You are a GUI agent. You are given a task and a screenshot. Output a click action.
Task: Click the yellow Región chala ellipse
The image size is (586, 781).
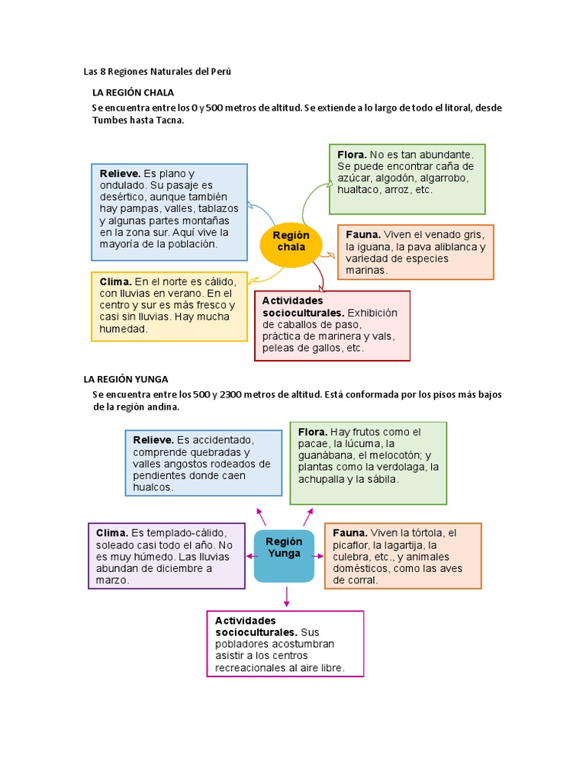291,241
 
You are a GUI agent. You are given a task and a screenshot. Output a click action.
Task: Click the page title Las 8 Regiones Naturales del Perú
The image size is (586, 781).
156,72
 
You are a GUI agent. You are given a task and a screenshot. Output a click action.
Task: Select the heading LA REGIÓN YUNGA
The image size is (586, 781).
125,379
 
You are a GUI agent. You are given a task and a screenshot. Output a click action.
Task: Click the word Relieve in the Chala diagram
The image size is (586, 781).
120,174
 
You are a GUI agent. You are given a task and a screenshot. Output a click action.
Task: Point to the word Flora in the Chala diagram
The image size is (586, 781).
352,155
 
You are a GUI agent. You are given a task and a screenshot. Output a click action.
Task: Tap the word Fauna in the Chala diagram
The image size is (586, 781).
362,235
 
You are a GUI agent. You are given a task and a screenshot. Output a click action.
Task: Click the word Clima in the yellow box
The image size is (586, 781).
116,281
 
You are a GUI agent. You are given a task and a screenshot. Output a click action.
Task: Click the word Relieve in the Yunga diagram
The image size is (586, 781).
153,440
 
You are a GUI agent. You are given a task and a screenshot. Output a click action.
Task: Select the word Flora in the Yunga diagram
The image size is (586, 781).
312,432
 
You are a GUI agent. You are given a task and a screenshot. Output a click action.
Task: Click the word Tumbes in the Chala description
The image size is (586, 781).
111,121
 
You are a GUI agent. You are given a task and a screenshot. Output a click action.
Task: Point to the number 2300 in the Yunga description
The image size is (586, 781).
232,394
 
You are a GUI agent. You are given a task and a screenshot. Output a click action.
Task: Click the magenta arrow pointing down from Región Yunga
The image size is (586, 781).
287,596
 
